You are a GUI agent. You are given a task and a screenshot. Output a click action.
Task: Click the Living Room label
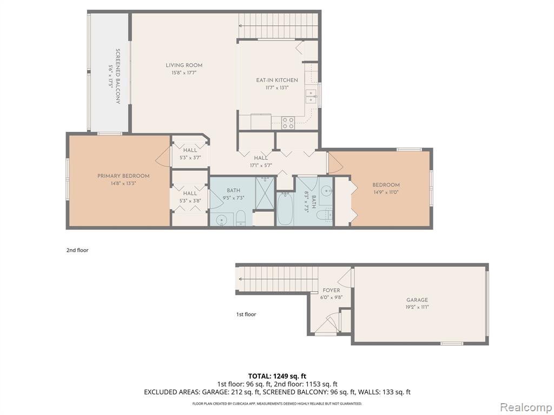coord(184,65)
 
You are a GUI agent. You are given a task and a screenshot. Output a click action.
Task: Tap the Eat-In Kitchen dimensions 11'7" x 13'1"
coord(277,88)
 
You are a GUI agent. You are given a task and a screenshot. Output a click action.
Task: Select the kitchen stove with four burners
coord(288,123)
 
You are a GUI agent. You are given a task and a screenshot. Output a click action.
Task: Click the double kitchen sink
coord(311,96)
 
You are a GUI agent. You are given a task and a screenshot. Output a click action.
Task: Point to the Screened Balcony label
coord(118,76)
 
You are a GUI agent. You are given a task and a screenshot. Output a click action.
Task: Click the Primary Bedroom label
coord(123,176)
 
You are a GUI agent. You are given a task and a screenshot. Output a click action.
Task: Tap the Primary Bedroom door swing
coord(163,157)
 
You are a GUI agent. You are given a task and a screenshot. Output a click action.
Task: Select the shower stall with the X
coord(265,193)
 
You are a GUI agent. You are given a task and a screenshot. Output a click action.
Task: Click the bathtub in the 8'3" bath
coord(285,209)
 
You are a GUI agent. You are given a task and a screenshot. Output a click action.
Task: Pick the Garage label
coord(417,300)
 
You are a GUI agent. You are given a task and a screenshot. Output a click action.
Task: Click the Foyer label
coord(332,290)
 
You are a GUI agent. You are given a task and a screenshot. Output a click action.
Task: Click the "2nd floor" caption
coord(77,250)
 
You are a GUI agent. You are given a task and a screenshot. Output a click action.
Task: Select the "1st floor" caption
coord(246,314)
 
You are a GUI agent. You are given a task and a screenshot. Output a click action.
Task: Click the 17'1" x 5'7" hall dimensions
coord(261,165)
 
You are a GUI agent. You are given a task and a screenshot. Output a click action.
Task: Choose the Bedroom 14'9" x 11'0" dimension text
coord(386,192)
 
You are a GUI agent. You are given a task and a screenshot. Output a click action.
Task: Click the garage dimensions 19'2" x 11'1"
coord(417,307)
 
